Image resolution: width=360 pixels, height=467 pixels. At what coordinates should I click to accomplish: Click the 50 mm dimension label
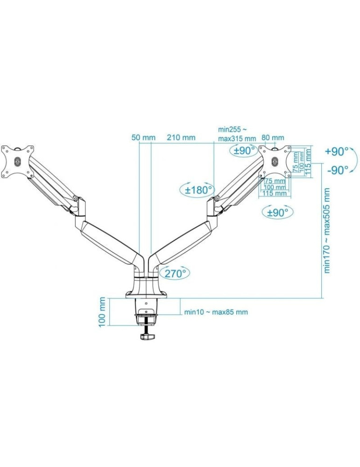[x=143, y=138]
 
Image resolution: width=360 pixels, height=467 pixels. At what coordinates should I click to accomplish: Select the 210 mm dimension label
[x=181, y=138]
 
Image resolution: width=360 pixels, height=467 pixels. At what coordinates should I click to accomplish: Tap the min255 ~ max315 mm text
[x=237, y=134]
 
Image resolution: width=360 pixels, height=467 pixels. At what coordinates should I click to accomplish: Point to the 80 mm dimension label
[x=273, y=138]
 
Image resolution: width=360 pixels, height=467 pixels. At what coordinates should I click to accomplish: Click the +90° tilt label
[x=337, y=152]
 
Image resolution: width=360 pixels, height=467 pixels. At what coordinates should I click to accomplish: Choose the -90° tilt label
[x=338, y=170]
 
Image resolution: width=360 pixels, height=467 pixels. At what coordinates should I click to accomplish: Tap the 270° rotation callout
[x=175, y=273]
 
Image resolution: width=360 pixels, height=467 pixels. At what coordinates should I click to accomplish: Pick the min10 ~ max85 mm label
[x=216, y=312]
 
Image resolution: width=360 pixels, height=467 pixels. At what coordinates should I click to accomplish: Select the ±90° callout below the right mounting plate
[x=278, y=212]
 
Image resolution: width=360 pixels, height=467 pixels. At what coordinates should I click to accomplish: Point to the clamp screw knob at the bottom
[x=147, y=336]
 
